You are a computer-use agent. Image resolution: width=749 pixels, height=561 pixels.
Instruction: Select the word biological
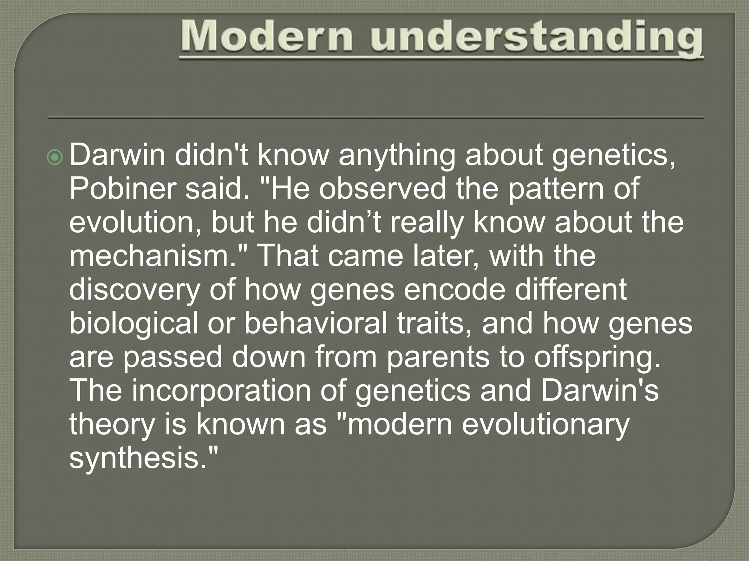(x=133, y=324)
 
